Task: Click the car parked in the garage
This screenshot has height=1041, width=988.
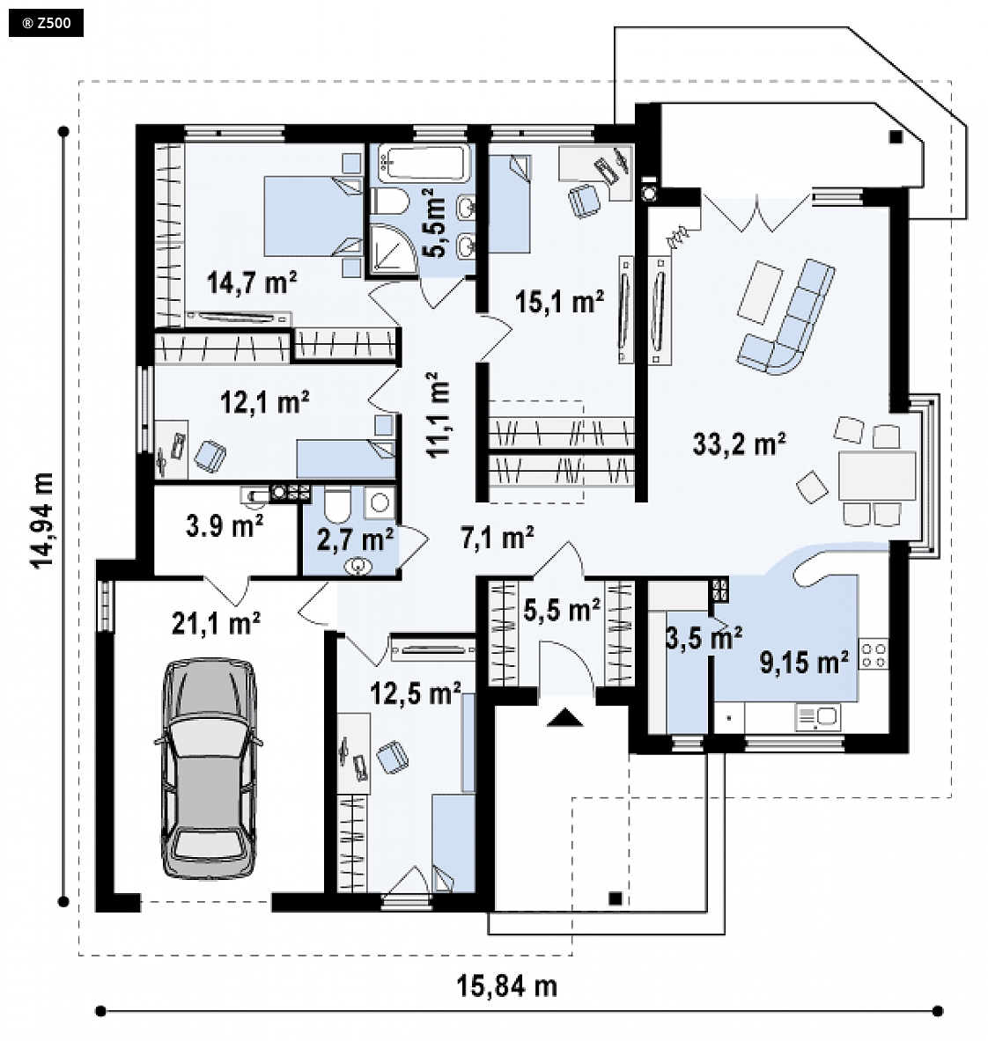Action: (209, 768)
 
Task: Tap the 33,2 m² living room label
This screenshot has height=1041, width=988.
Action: (739, 444)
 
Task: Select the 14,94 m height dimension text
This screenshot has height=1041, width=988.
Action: (41, 520)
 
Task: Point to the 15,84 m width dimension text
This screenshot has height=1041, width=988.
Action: (506, 986)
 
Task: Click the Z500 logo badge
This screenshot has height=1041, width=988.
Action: (46, 23)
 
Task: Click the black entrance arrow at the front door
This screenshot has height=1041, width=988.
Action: (564, 717)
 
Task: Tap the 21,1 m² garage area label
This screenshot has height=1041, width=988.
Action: (216, 623)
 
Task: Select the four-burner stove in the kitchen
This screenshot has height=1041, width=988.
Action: (874, 654)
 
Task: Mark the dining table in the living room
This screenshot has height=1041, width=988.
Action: (877, 475)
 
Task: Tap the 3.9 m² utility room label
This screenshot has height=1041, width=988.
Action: (225, 526)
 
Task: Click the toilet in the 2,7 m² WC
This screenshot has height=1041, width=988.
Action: (337, 504)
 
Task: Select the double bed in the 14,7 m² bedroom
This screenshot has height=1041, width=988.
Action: (313, 216)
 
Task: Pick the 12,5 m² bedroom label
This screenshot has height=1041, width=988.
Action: (416, 693)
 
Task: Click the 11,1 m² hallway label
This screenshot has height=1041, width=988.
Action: (438, 414)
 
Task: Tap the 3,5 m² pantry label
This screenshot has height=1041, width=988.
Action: (704, 638)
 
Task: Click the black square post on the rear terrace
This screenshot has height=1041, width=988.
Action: (896, 137)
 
